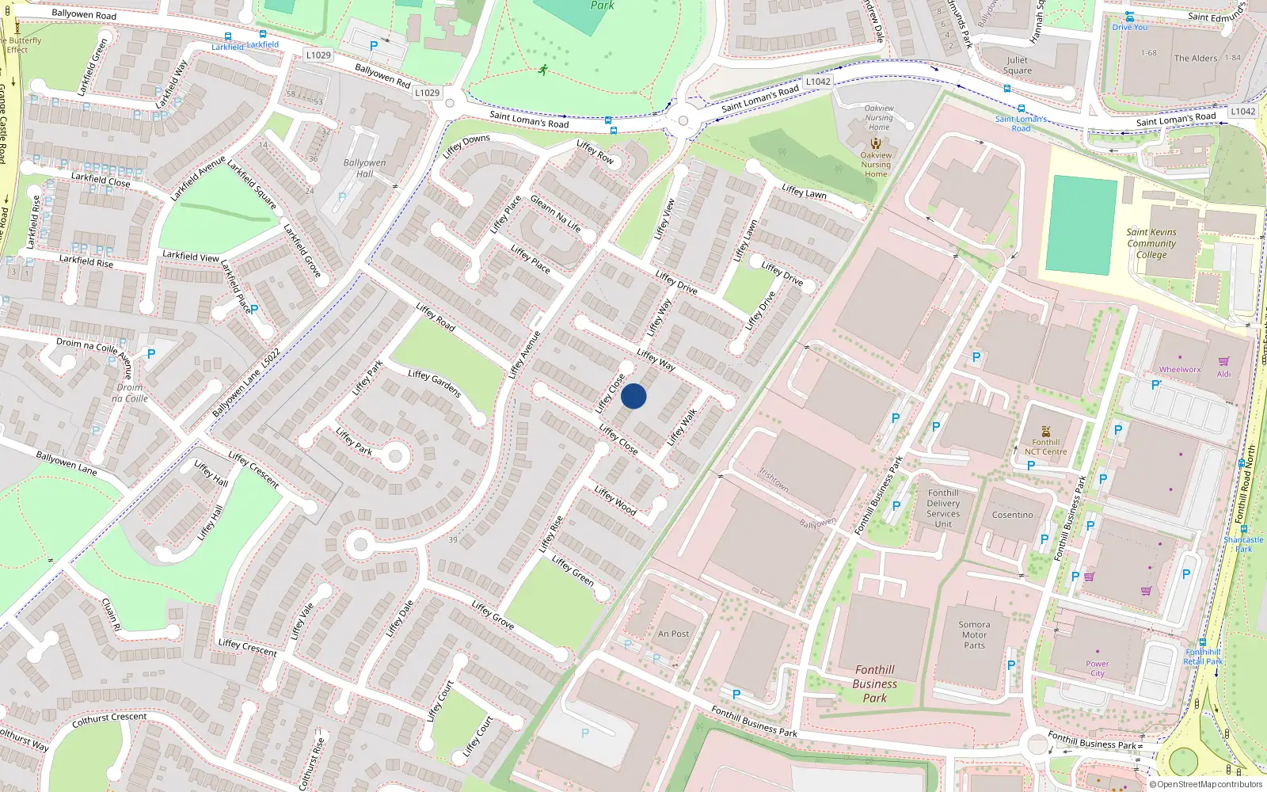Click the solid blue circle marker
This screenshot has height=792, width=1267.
pyautogui.click(x=633, y=396)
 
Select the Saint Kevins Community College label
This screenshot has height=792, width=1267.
pyautogui.click(x=1151, y=243)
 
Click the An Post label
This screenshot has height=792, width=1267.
pyautogui.click(x=673, y=634)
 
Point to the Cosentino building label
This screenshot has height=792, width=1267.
pyautogui.click(x=1013, y=515)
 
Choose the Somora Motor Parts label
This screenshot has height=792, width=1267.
pyautogui.click(x=974, y=634)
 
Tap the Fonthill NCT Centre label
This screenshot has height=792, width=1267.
pyautogui.click(x=1046, y=447)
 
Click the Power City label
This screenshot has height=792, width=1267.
pyautogui.click(x=1098, y=668)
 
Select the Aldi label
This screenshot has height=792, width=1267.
pyautogui.click(x=1224, y=374)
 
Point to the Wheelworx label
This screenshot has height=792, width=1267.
pyautogui.click(x=1180, y=369)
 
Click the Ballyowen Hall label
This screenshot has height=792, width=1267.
pyautogui.click(x=364, y=168)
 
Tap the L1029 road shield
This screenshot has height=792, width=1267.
pyautogui.click(x=318, y=55)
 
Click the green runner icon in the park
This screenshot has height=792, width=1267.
pyautogui.click(x=542, y=70)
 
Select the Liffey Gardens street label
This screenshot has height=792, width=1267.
pyautogui.click(x=434, y=383)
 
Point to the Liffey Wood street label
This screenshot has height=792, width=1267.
pyautogui.click(x=615, y=501)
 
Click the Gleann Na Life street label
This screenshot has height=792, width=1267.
pyautogui.click(x=555, y=213)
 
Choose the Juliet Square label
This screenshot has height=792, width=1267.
pyautogui.click(x=1018, y=65)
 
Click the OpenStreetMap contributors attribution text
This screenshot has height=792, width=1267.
pyautogui.click(x=1207, y=785)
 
